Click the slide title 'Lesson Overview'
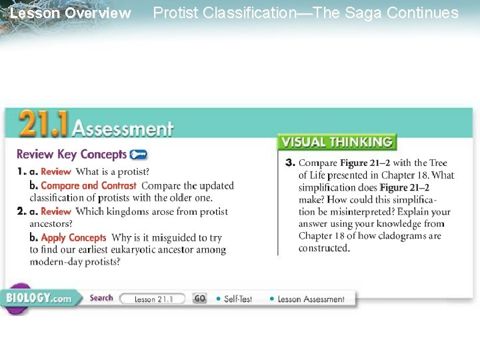pyautogui.click(x=71, y=13)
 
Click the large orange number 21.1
pyautogui.click(x=43, y=125)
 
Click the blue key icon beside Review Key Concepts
pyautogui.click(x=139, y=155)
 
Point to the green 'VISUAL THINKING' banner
pyautogui.click(x=337, y=142)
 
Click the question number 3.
pyautogui.click(x=290, y=163)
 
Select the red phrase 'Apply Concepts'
pyautogui.click(x=73, y=237)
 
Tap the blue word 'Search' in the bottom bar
pyautogui.click(x=101, y=298)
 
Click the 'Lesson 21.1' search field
pyautogui.click(x=153, y=299)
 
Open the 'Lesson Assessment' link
pyautogui.click(x=311, y=299)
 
